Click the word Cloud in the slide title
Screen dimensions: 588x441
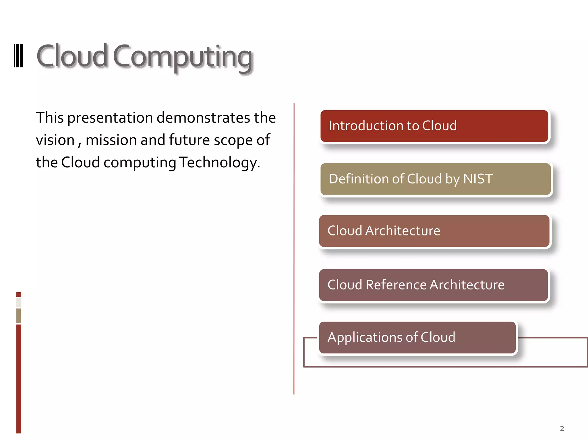tap(72, 56)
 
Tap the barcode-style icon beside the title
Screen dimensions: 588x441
tap(19, 55)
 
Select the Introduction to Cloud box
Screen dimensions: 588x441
tap(434, 126)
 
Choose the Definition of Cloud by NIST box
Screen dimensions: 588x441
tap(435, 179)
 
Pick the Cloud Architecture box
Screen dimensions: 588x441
tap(434, 231)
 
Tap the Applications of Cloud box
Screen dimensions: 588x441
tap(417, 338)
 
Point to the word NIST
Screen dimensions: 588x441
tap(478, 179)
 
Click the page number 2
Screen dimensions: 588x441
tap(562, 429)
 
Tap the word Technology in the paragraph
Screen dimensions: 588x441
tap(219, 163)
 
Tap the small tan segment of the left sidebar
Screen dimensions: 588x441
tap(19, 316)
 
